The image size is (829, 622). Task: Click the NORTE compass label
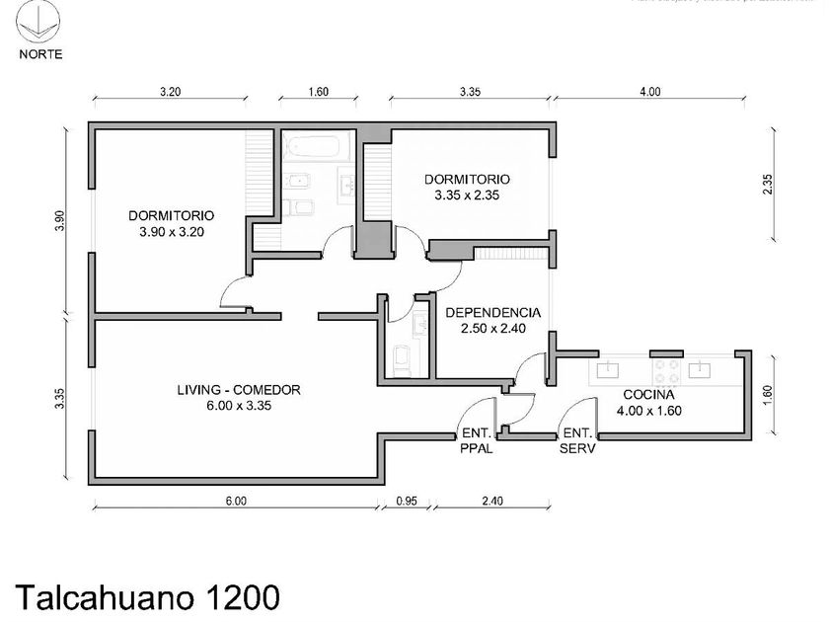pos(40,54)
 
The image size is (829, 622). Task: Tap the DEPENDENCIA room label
pos(492,314)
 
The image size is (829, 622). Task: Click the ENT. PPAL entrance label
pos(476,439)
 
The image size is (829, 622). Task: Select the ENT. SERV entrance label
pos(576,439)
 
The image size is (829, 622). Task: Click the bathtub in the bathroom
pos(316,148)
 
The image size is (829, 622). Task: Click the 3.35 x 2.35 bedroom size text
pos(467,195)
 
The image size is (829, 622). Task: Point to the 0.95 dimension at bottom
pos(407,501)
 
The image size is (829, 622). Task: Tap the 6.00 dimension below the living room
pos(235,501)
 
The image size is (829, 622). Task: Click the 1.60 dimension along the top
pos(318,92)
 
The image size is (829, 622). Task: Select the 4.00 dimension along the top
pos(648,92)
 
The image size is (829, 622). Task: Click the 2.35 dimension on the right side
pos(767,185)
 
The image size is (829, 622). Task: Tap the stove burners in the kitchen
pos(666,371)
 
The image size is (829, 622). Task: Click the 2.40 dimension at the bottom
pos(491,501)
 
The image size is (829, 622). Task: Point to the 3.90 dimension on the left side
pos(61,222)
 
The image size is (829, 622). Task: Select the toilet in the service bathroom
pos(404,359)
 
